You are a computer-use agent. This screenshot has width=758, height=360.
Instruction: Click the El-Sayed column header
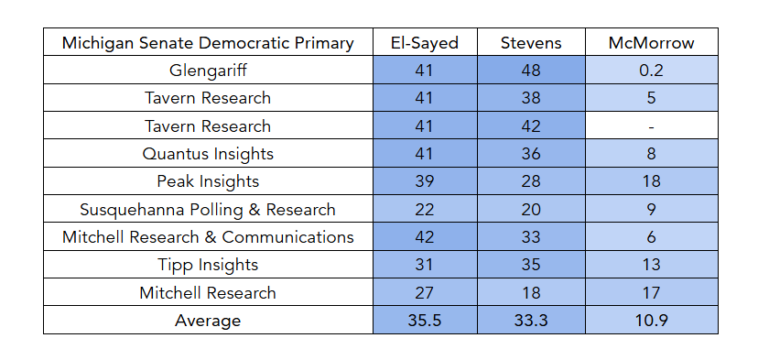click(x=425, y=43)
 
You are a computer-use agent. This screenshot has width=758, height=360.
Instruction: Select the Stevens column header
click(x=531, y=43)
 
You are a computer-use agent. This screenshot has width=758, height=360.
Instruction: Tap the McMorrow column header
click(x=651, y=43)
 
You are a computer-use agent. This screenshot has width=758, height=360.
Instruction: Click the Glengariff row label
click(x=208, y=71)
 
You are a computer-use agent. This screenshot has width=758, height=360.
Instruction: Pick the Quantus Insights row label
click(x=208, y=154)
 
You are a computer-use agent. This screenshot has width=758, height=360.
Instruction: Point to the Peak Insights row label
click(x=208, y=181)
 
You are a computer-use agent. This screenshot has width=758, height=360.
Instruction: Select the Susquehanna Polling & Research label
click(x=208, y=210)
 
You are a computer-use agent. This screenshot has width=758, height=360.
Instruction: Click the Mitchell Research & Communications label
click(x=208, y=237)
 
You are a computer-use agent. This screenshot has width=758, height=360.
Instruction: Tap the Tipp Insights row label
click(x=208, y=265)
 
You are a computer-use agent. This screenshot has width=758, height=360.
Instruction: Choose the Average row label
click(x=208, y=321)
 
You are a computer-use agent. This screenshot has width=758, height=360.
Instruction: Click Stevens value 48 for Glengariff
click(x=531, y=71)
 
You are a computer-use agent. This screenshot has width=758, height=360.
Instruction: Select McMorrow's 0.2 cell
click(x=651, y=71)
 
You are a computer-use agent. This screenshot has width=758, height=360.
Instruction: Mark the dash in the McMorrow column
click(x=651, y=126)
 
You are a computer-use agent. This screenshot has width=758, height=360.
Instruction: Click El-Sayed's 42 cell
click(x=425, y=237)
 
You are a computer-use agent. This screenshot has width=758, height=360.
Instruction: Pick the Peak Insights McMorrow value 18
click(x=651, y=181)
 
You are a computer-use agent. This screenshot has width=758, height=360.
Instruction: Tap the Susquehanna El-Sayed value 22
click(x=425, y=210)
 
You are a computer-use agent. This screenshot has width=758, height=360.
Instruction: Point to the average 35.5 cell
click(x=425, y=321)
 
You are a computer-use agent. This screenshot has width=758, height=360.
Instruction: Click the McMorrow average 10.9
click(x=651, y=321)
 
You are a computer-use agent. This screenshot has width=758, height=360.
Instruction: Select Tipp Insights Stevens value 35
click(x=531, y=265)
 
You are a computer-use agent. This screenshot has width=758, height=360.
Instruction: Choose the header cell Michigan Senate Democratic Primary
click(x=208, y=43)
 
